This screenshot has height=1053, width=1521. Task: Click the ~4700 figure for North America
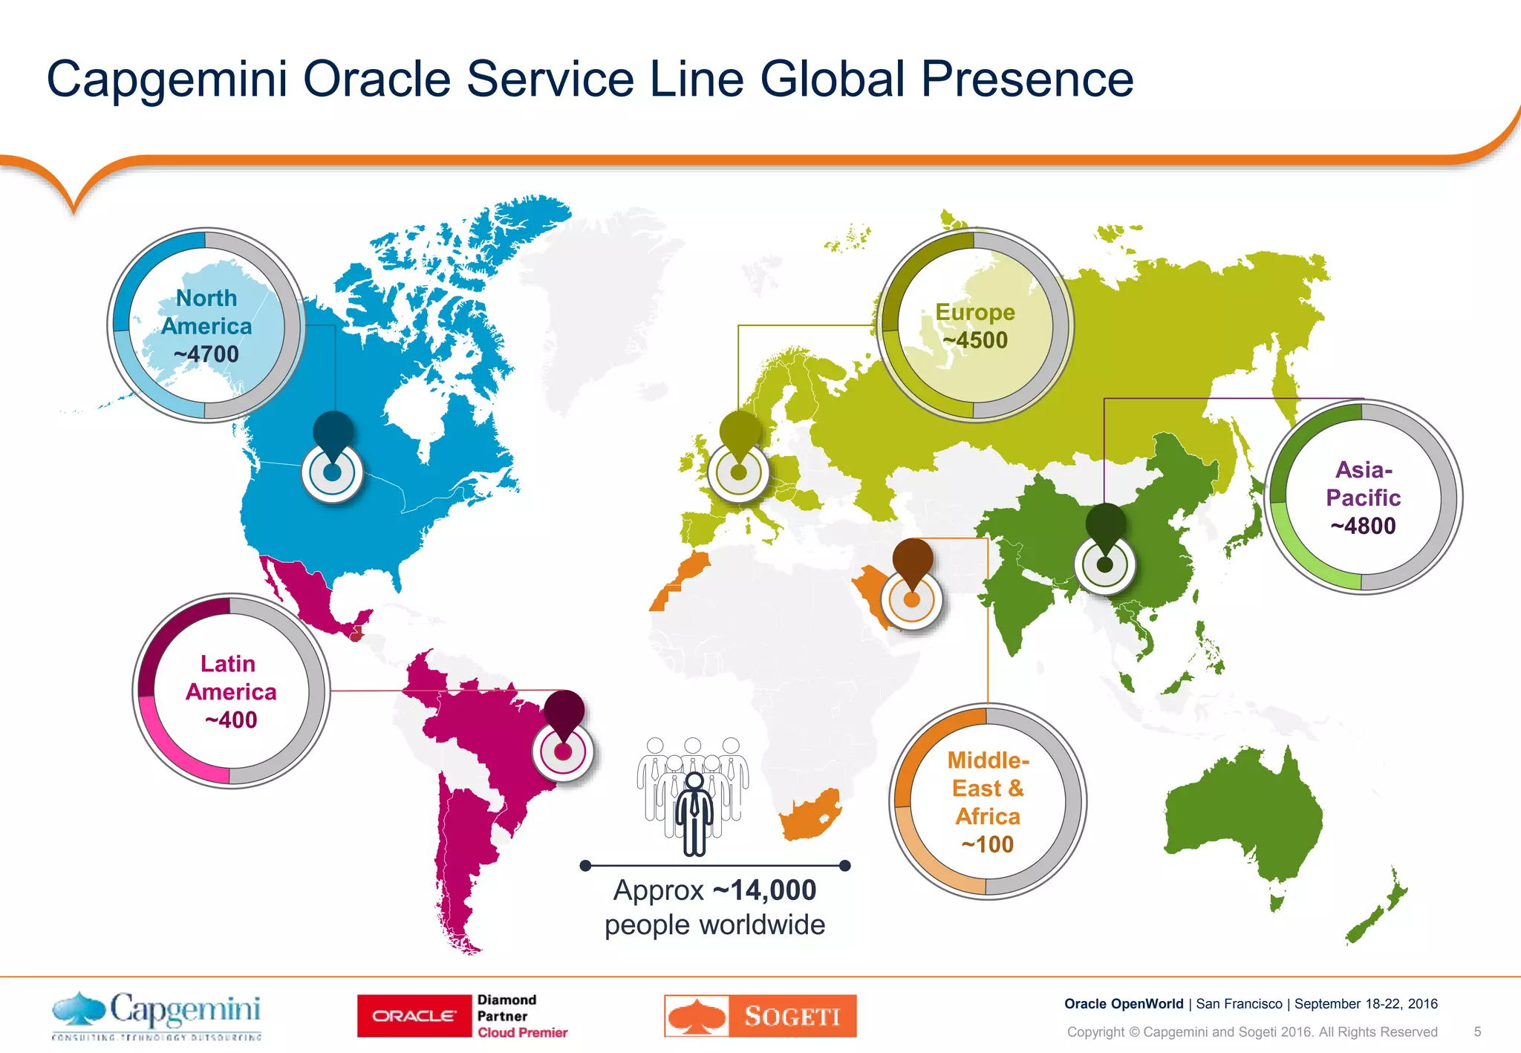[x=206, y=354]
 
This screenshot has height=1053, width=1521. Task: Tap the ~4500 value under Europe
[x=975, y=340]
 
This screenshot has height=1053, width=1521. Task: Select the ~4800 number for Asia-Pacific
[x=1363, y=526]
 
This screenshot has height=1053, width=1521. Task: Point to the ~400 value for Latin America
[x=231, y=720]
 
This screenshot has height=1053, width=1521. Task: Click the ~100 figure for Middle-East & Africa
[x=987, y=844]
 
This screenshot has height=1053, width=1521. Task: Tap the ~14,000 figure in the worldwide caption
[x=764, y=890]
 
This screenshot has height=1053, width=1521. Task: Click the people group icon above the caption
[x=693, y=795]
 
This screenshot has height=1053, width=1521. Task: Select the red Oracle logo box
[x=414, y=1015]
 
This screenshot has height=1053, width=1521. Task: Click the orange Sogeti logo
[x=760, y=1015]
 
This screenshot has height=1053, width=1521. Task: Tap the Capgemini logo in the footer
[x=157, y=1014]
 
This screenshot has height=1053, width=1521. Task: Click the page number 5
[x=1477, y=1031]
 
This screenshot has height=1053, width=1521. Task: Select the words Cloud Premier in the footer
[x=522, y=1032]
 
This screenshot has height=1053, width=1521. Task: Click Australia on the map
[x=1244, y=817]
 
